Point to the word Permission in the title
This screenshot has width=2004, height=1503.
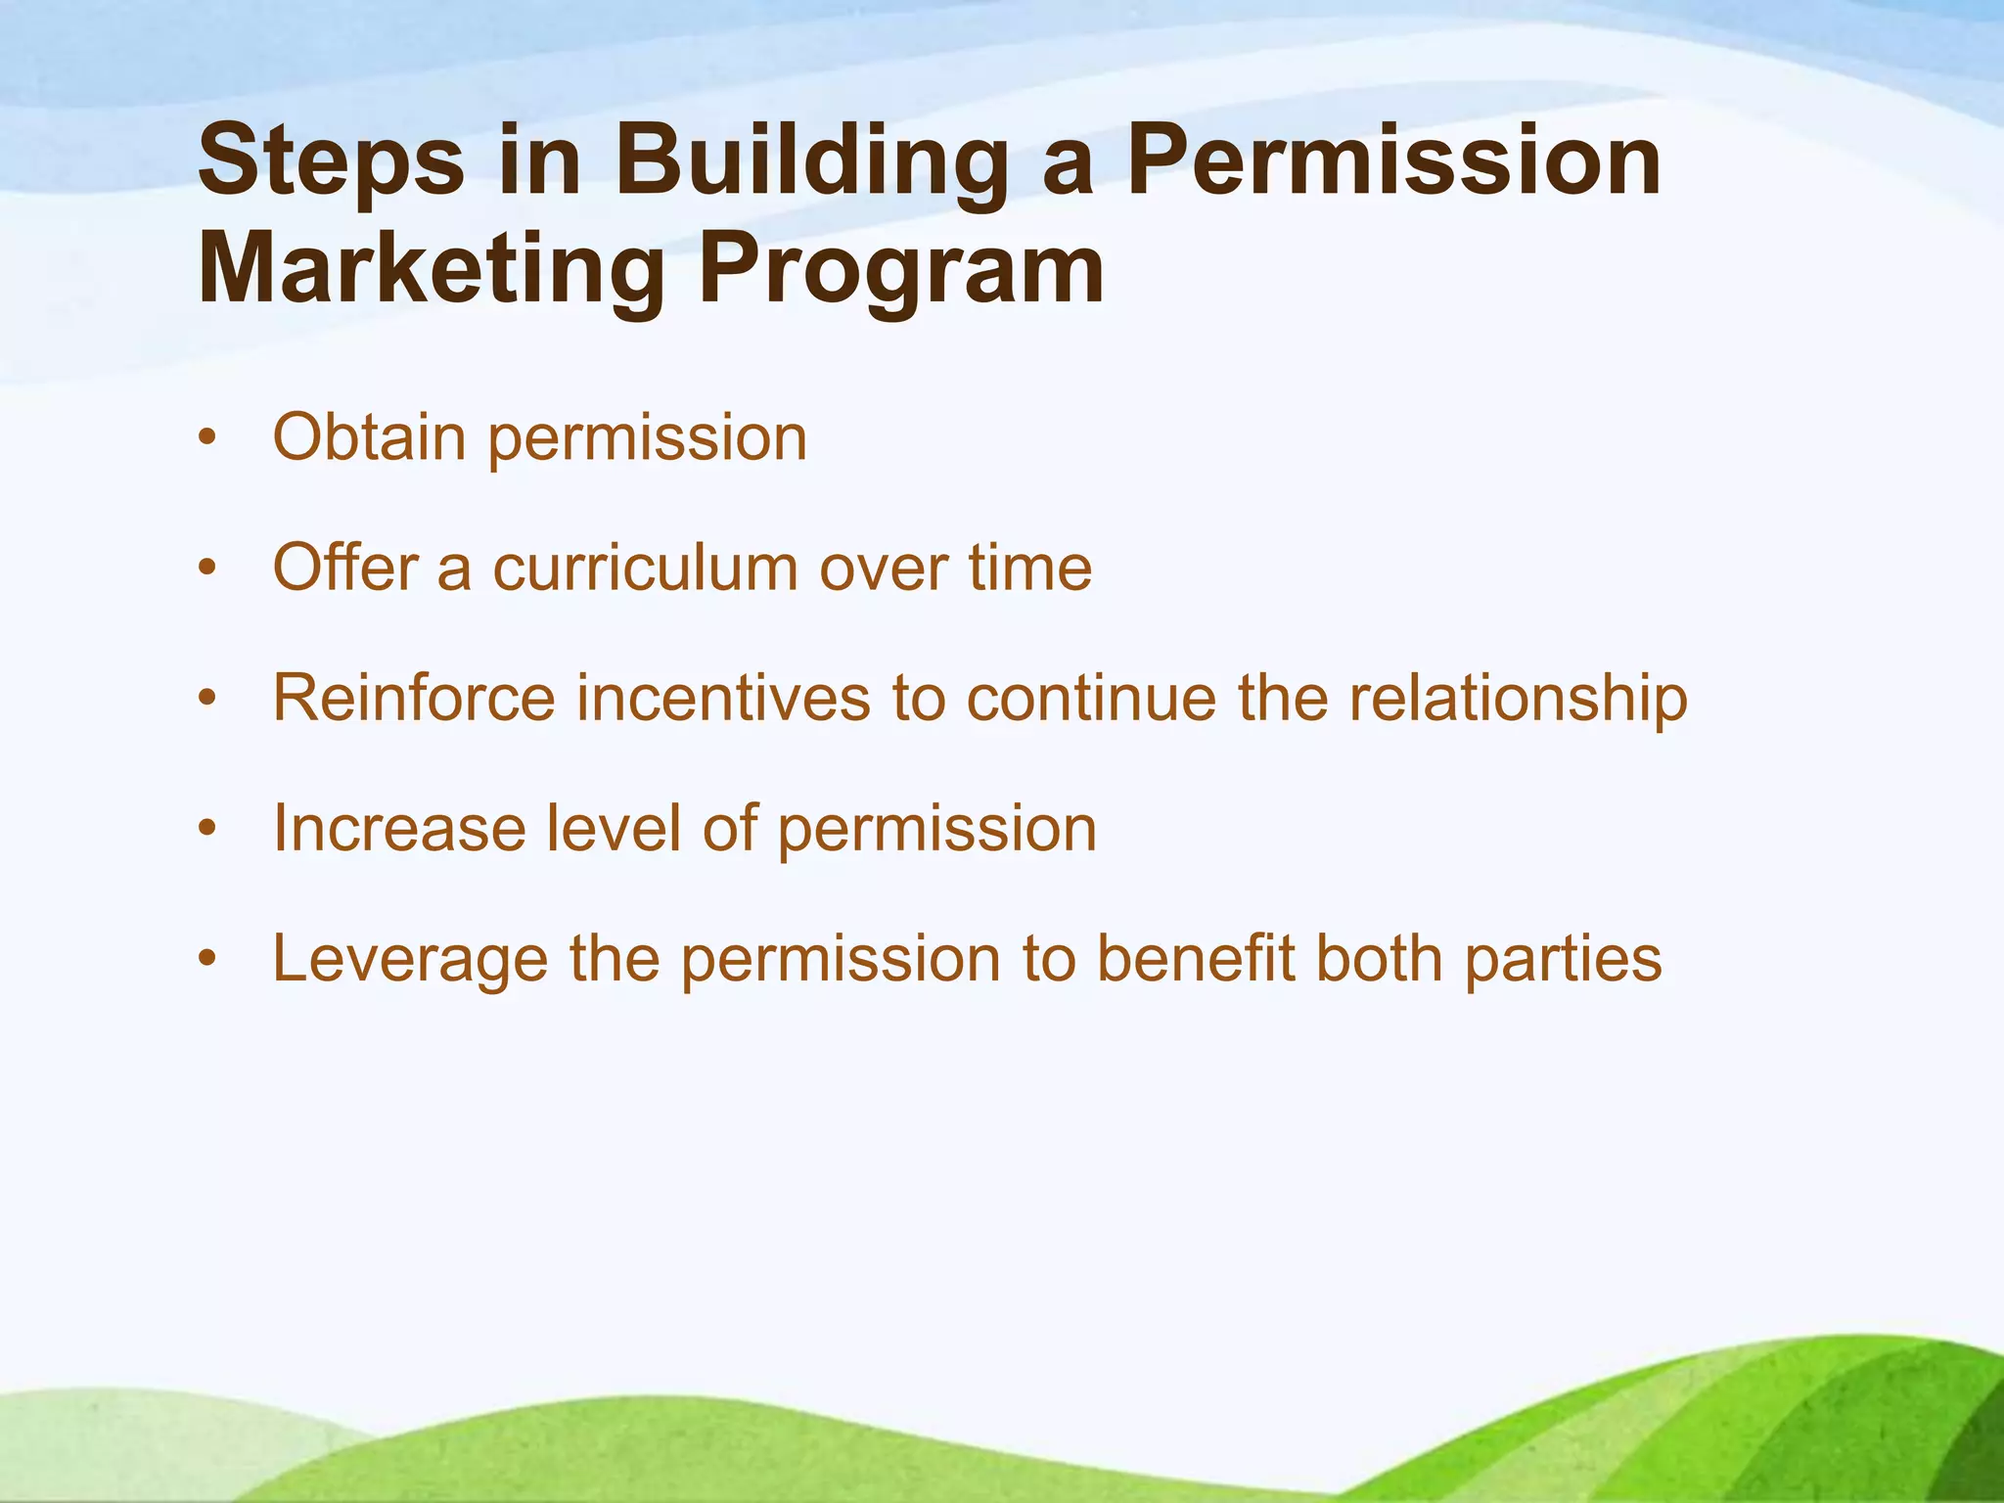(x=1393, y=159)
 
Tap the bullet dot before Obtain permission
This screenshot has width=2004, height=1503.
(x=205, y=438)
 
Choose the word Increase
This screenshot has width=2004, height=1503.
(x=399, y=829)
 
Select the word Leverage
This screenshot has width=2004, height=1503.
(x=410, y=960)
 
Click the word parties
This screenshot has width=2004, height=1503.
(x=1564, y=960)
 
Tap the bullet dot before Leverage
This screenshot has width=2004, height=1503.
(x=205, y=960)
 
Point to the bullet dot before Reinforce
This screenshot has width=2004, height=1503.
(x=205, y=700)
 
